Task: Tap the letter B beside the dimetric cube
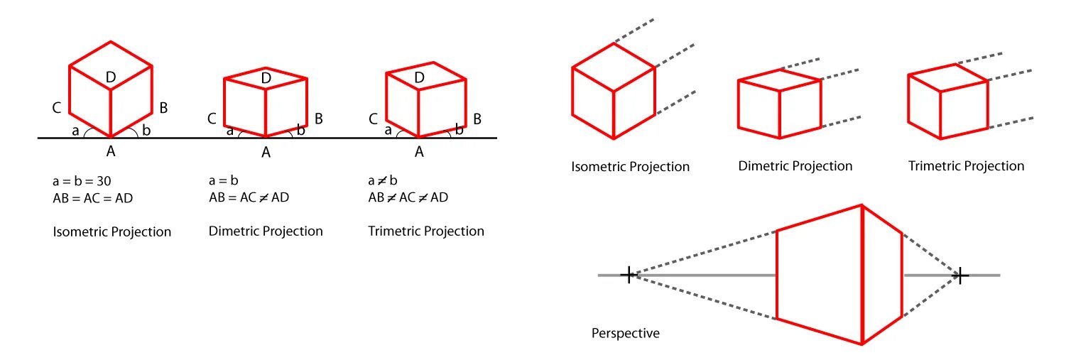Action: (x=319, y=119)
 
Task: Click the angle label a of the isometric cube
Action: (x=75, y=131)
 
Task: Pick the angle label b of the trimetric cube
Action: (x=459, y=130)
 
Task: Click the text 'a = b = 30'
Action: (x=82, y=181)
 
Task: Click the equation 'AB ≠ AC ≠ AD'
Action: (x=408, y=197)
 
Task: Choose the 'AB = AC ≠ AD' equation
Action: (x=249, y=197)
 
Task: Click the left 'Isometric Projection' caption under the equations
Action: (x=112, y=231)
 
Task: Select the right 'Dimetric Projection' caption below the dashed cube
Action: (x=795, y=166)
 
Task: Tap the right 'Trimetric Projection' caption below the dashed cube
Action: (x=966, y=166)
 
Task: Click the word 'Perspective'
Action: (x=625, y=332)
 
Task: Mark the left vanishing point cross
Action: (x=628, y=275)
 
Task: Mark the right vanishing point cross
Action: (x=960, y=275)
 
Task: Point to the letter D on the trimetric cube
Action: (x=419, y=77)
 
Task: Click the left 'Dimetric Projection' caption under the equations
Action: (x=266, y=231)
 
